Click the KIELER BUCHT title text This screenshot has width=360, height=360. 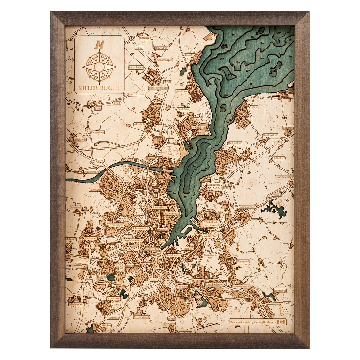pos(99,89)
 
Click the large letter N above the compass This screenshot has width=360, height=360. pos(100,44)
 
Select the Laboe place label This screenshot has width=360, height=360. pos(254,98)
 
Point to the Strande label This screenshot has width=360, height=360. pos(189,55)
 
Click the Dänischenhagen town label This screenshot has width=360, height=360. pos(158,88)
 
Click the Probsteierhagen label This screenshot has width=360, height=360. pos(285,177)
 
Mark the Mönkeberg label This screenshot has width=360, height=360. pos(214,184)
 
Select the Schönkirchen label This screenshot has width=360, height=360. pos(247,207)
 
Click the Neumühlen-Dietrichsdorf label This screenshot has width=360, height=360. pos(211,224)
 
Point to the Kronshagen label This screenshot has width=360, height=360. pos(116,225)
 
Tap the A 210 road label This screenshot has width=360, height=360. pos(78,263)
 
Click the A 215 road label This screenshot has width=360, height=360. pos(85,284)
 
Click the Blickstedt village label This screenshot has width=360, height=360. pos(80,139)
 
